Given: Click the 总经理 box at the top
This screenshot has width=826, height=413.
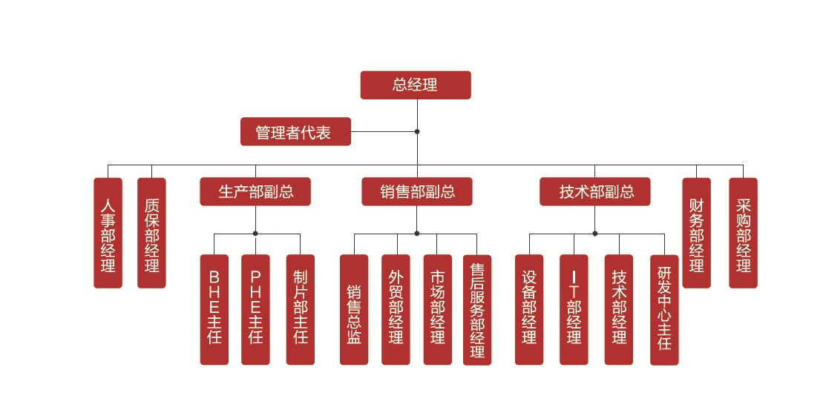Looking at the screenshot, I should pos(416,85).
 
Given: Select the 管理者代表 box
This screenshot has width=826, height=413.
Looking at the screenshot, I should pos(295,132).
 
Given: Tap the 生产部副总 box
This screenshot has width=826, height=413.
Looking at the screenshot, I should pos(255,192).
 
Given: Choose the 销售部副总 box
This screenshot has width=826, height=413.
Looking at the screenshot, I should pos(417,192).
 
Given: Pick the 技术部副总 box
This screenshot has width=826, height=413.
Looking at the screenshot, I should pos(595,192).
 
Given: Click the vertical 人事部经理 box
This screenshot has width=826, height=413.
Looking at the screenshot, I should pos(108,233).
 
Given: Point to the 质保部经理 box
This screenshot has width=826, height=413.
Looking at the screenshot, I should pos(152,233).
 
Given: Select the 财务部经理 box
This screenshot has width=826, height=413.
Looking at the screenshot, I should pos(696,233).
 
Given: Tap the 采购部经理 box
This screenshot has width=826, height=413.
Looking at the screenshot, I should pos(743,233).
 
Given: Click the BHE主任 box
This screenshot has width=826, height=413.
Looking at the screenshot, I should pos(214,309).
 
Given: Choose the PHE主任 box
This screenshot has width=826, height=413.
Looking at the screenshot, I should pos(256,309).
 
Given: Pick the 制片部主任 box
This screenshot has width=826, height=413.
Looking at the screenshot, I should pos(301,309).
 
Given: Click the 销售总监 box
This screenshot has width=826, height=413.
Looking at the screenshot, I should pos(354,309).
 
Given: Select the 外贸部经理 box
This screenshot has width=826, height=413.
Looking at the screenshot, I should pos(396,309).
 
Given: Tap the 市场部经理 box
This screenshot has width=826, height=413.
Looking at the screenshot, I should pos(438,309).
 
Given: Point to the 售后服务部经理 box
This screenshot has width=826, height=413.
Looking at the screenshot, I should pos(477,309).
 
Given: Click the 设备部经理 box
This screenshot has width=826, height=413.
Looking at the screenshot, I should pos(529,309).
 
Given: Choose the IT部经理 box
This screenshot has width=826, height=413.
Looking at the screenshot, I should pos(574,309).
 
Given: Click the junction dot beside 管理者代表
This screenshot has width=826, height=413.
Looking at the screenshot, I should pos(417,132).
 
